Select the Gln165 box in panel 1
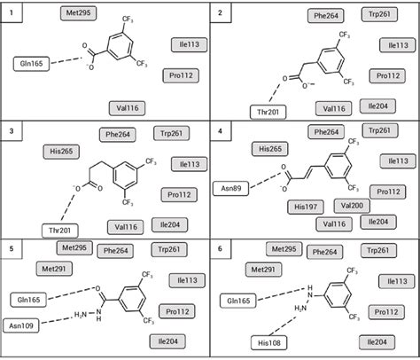(x=32, y=64)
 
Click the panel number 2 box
(x=220, y=13)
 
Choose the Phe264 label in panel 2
(x=325, y=15)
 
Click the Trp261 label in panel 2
(x=382, y=15)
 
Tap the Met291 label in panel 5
(x=52, y=267)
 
